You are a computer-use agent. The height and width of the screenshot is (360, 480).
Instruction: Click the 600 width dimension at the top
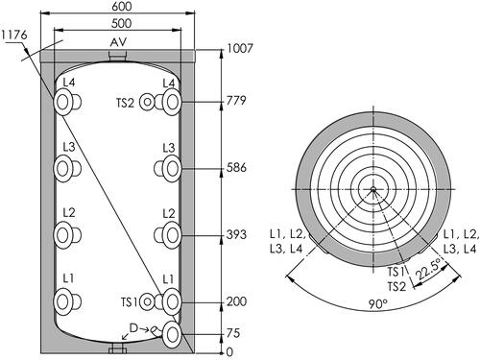click(x=121, y=7)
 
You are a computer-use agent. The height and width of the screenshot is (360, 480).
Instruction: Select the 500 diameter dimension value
click(x=121, y=23)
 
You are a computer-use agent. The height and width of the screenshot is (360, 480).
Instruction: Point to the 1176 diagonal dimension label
click(x=14, y=35)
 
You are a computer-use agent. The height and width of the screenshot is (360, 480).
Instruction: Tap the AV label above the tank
click(x=118, y=42)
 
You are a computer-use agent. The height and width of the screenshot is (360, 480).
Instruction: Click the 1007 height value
click(x=240, y=48)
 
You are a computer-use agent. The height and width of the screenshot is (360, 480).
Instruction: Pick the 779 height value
click(x=236, y=101)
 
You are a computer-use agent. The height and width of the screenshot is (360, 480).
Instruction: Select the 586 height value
click(x=236, y=167)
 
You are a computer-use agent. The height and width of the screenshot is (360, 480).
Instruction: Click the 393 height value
click(x=236, y=234)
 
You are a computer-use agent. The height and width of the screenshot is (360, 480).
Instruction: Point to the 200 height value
click(x=236, y=301)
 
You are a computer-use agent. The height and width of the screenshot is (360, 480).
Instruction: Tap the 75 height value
click(x=233, y=333)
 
